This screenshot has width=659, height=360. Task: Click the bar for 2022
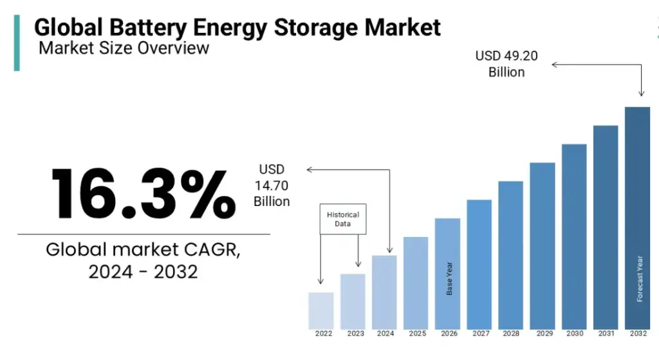pos(321,310)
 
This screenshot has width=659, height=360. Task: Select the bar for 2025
pos(416,283)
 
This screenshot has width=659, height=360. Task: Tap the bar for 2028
pos(510,254)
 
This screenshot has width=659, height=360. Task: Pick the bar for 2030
pos(574,236)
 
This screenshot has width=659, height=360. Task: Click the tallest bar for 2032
pos(637,217)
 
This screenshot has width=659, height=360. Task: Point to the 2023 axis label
pos(355,334)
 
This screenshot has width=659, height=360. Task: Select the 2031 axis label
pos(606,334)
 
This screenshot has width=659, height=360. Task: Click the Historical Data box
pos(343,220)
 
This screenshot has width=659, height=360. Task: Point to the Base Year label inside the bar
pos(449,278)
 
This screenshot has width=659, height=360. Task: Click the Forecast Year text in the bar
pos(639,278)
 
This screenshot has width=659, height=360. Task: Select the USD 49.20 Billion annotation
pos(506,64)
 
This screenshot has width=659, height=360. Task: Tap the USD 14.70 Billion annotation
pos(272,185)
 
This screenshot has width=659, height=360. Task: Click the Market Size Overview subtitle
pos(124,48)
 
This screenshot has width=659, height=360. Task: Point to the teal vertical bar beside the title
pos(17,43)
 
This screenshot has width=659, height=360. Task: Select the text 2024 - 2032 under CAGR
pos(143,272)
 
